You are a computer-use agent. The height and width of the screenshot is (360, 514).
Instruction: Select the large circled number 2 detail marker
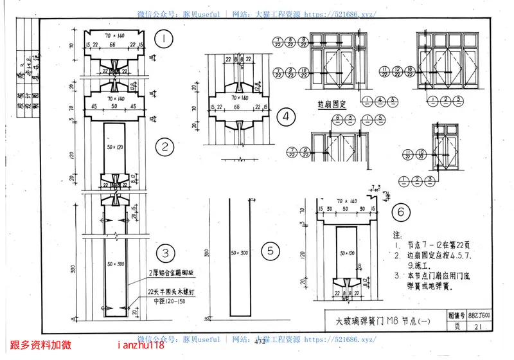click(165, 147)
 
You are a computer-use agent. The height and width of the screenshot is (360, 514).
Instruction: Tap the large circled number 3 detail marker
click(165, 253)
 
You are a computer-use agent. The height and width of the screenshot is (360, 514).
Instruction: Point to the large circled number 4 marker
click(285, 117)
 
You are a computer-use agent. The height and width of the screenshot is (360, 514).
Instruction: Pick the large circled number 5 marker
click(272, 251)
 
